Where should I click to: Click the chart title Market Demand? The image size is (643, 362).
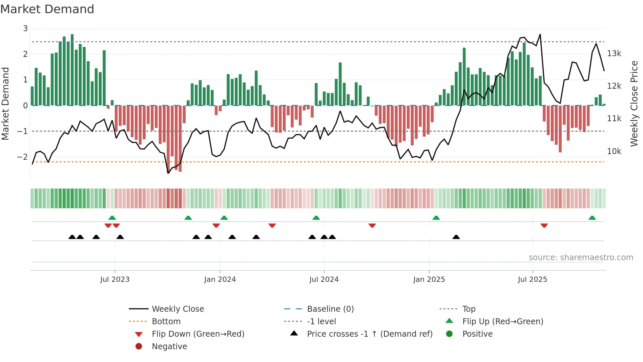click(x=47, y=9)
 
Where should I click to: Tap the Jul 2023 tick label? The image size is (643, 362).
click(x=115, y=280)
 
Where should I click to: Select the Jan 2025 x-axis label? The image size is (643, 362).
click(x=429, y=280)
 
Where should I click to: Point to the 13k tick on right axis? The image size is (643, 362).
click(x=614, y=54)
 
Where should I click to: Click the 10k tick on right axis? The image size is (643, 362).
click(x=614, y=151)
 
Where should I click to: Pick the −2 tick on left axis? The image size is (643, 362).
click(x=22, y=157)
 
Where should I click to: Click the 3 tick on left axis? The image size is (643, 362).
click(x=25, y=29)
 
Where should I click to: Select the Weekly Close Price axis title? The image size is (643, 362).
click(x=634, y=103)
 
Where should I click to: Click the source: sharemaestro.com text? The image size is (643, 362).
click(x=581, y=258)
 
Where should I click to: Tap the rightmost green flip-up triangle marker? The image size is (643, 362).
click(x=592, y=218)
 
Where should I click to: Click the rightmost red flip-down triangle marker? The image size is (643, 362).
click(x=544, y=225)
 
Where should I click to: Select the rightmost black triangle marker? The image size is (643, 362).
click(x=456, y=237)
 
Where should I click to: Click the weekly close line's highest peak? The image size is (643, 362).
click(x=540, y=34)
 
